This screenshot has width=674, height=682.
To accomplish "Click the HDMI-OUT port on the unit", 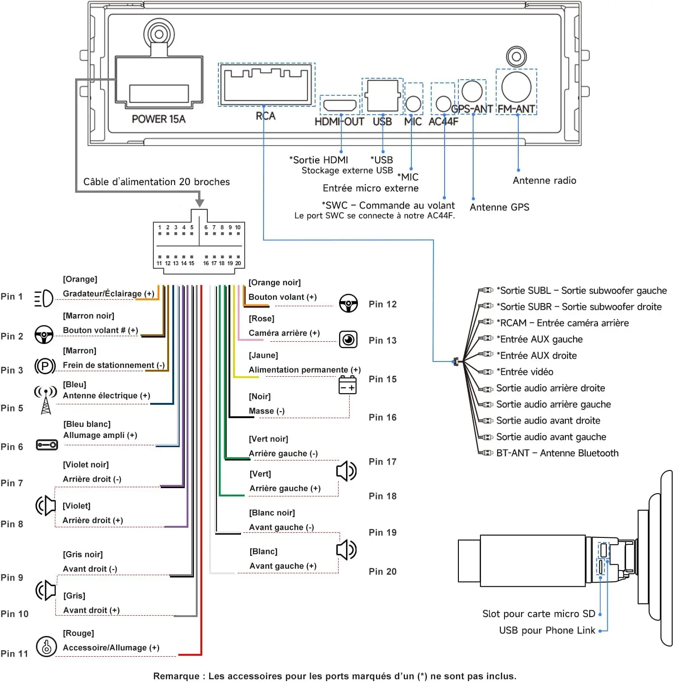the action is [x=340, y=105].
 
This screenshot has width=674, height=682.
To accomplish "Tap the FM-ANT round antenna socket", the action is [x=516, y=87].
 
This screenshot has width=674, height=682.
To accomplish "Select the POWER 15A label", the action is [x=158, y=119].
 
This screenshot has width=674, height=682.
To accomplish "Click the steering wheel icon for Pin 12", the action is [x=348, y=303].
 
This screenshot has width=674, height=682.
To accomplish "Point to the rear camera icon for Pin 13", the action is [x=348, y=339].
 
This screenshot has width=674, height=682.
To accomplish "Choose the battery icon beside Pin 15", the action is [x=347, y=385].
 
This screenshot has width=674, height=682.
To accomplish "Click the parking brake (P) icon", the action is [x=45, y=367].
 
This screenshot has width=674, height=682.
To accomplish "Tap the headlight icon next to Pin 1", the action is [x=44, y=298].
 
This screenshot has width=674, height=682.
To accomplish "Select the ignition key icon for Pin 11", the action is [x=46, y=647].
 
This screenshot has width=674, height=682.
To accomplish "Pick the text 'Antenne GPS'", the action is [x=499, y=207].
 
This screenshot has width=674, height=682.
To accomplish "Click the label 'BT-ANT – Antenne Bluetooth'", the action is [x=557, y=453].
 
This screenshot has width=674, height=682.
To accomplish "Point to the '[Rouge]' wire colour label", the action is [x=78, y=633].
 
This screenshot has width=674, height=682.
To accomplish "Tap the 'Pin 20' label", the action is [x=382, y=571].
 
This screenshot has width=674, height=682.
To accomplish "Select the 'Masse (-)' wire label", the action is [x=267, y=411].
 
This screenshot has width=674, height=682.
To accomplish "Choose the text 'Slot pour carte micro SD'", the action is [x=539, y=614].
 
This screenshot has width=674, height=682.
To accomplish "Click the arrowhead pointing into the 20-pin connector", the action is [x=199, y=203].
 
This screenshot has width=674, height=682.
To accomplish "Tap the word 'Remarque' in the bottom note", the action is [x=175, y=676].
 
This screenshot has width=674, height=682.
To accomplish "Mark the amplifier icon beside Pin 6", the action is [x=47, y=445].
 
